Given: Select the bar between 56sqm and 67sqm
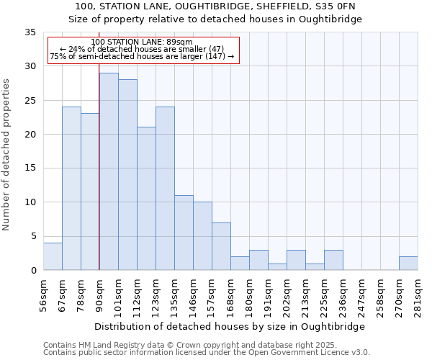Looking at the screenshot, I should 53,256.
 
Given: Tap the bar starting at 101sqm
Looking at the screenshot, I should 127,175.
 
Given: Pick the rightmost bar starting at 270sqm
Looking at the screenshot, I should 408,264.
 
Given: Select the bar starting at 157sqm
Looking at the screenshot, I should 221,246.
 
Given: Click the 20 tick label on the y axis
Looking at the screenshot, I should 30,135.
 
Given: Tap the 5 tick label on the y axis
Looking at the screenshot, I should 32,237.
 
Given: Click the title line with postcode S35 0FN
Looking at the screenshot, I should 215,6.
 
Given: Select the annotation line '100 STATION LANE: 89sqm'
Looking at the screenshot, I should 142,42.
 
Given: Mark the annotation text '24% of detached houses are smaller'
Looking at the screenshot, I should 142,49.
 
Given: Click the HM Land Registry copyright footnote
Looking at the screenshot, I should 186,345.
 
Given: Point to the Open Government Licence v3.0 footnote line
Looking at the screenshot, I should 206,352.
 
